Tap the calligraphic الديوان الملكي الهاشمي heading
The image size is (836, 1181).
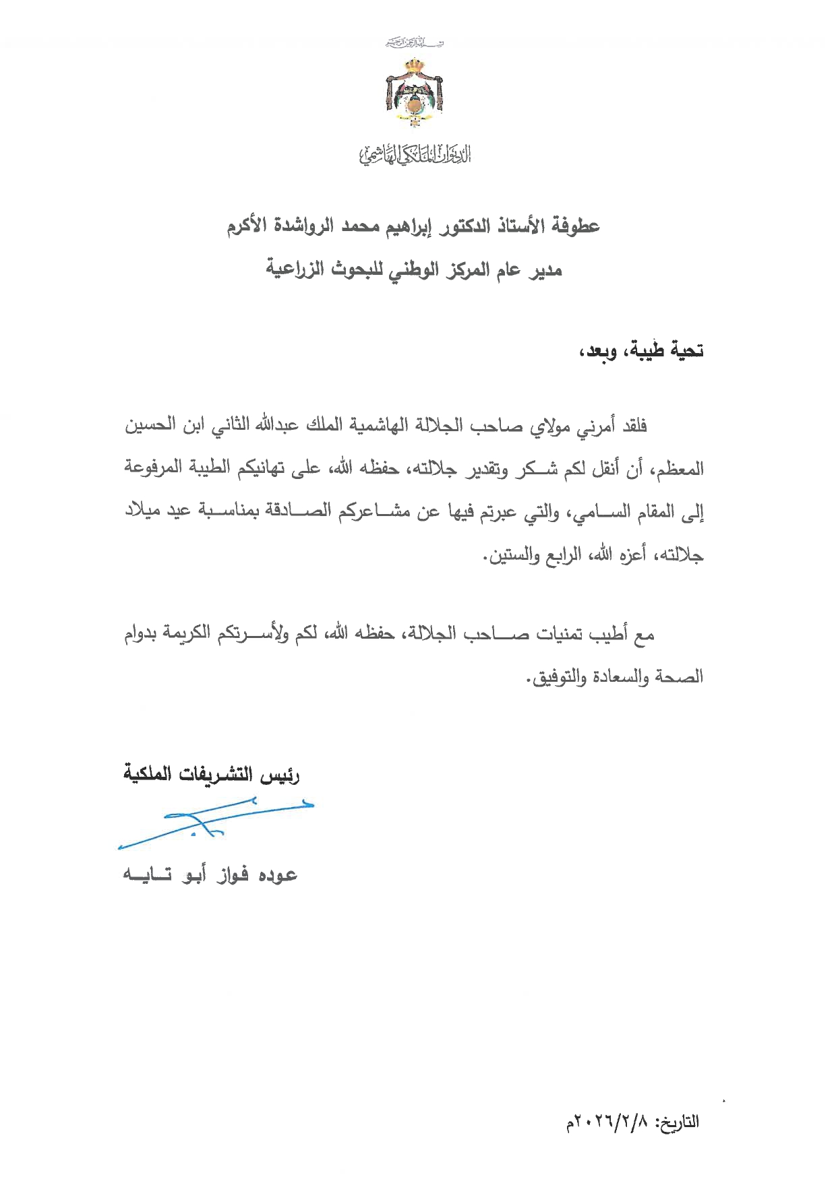click(x=414, y=154)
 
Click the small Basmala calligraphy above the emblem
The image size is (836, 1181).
click(x=414, y=43)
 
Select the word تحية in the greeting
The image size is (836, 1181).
click(x=684, y=351)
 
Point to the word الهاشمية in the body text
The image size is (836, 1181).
click(x=385, y=425)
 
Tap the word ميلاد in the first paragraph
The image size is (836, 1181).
click(x=144, y=511)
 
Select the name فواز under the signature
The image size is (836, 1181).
click(x=233, y=875)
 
